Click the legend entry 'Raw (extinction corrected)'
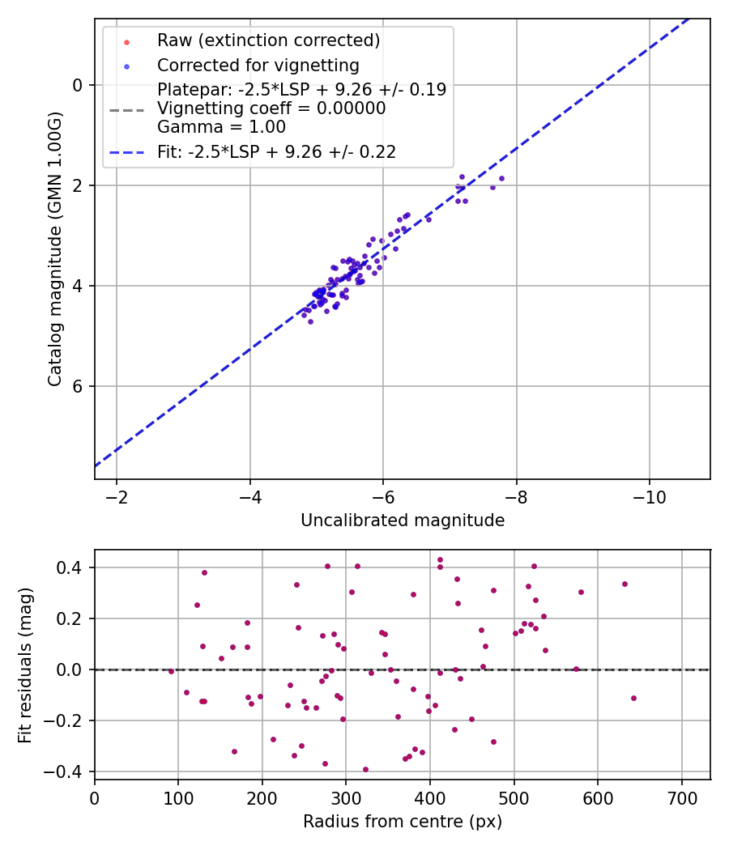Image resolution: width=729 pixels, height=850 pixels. tap(268, 40)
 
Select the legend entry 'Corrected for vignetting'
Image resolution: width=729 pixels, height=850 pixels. tap(258, 65)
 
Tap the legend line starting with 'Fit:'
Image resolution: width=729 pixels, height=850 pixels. tap(276, 151)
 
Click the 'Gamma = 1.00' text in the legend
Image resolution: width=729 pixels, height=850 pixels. tap(221, 127)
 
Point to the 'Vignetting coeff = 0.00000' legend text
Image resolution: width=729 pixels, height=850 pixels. tap(271, 108)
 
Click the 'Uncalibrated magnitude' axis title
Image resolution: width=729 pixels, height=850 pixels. tap(403, 521)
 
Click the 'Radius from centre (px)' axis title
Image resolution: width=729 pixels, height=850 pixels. tap(403, 822)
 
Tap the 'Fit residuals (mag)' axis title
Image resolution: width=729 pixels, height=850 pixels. tap(25, 665)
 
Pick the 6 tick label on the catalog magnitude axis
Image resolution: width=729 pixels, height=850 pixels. tap(77, 386)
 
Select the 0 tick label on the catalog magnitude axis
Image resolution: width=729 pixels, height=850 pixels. tap(77, 85)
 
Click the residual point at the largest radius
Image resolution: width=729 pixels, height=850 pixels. tap(633, 698)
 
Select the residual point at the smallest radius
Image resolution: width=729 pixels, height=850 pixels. tap(171, 671)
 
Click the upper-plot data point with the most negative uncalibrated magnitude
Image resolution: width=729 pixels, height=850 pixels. tap(501, 178)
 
